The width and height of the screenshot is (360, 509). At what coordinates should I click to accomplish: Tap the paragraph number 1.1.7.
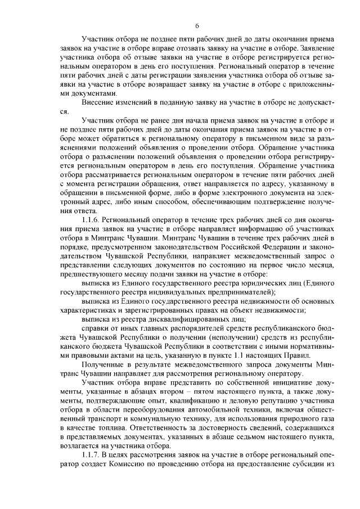[x=92, y=455]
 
